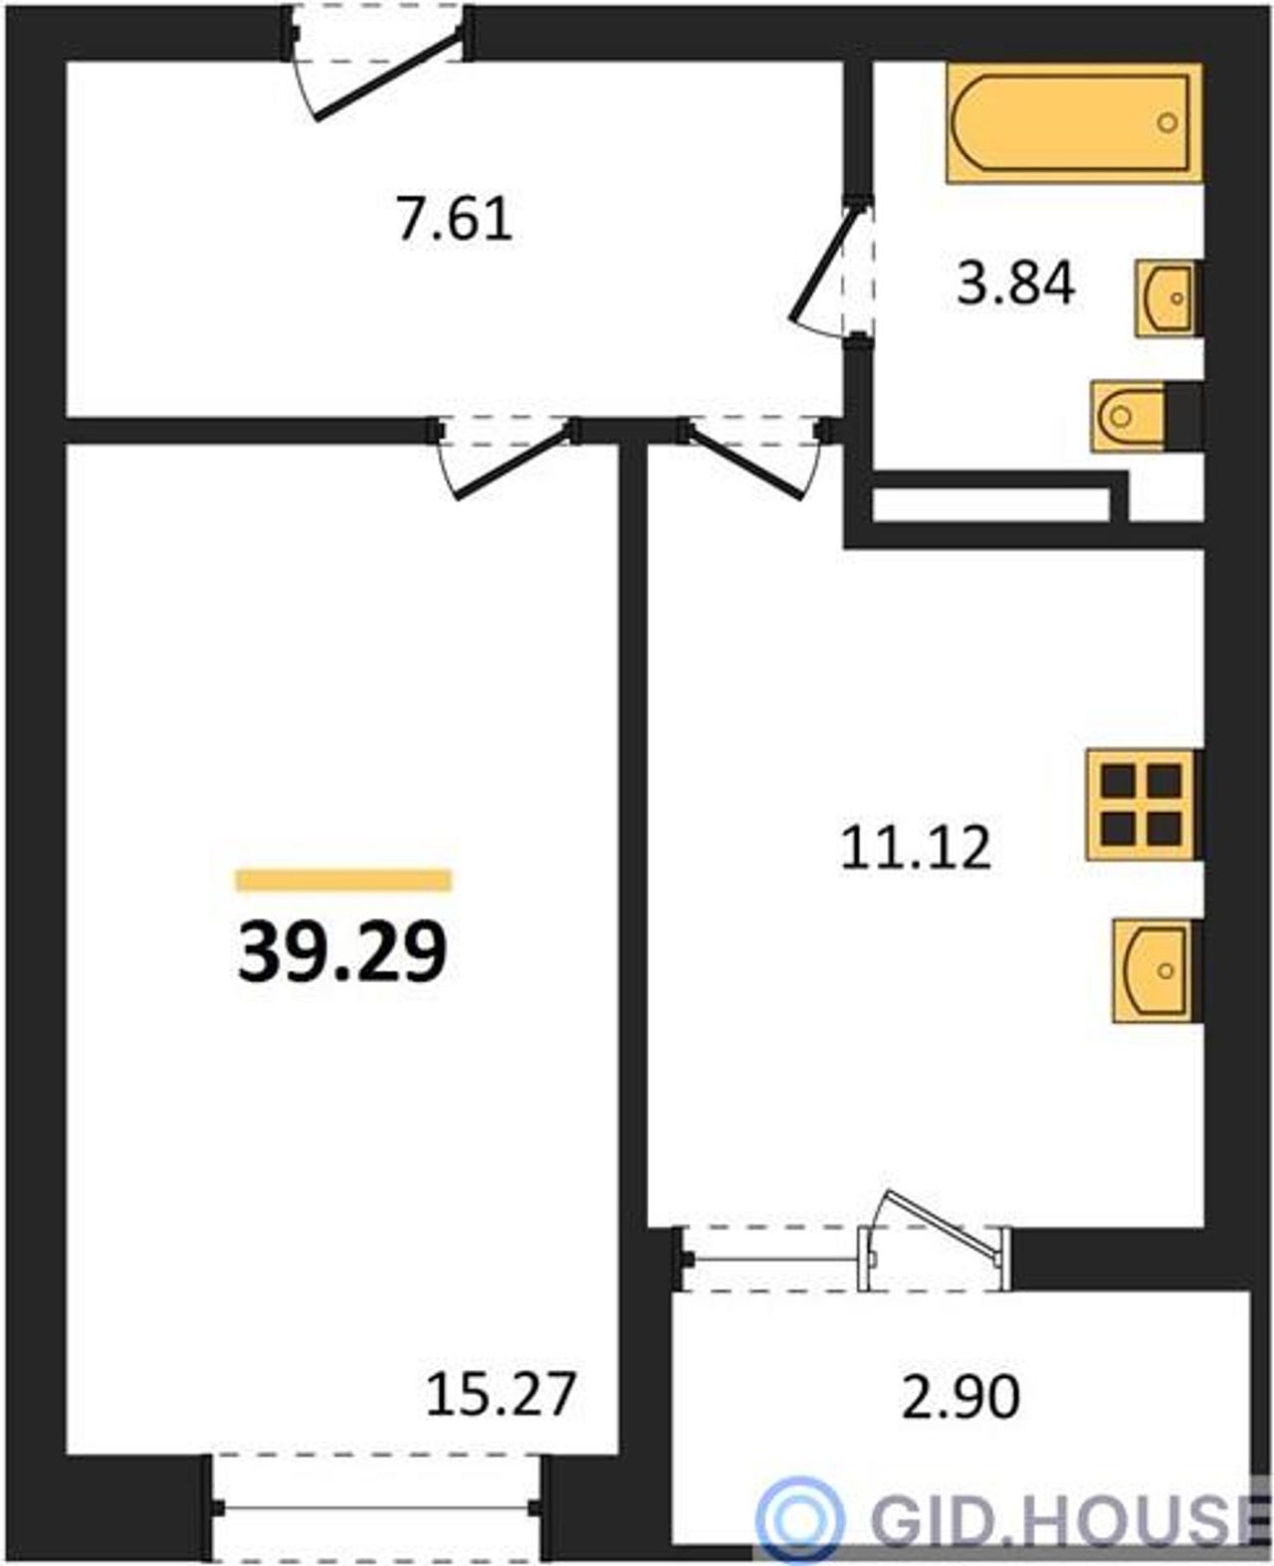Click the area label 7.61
(x=454, y=219)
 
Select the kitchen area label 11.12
(x=915, y=848)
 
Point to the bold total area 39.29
(x=342, y=952)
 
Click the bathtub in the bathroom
(x=1075, y=122)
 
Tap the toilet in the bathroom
(x=1129, y=416)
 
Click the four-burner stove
(x=1142, y=805)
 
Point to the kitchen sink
(x=1156, y=970)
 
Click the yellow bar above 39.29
(x=342, y=881)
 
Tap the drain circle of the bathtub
(x=1168, y=122)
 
